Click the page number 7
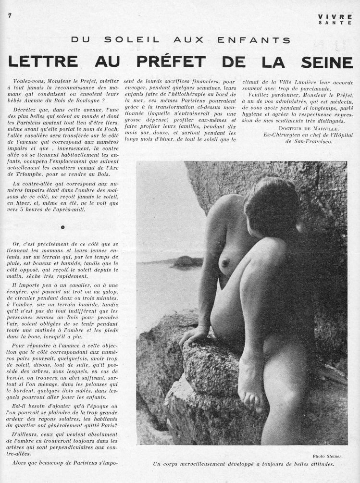(x=9, y=15)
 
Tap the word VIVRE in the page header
(x=335, y=16)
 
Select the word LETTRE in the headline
(x=41, y=61)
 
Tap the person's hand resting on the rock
(x=193, y=335)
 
